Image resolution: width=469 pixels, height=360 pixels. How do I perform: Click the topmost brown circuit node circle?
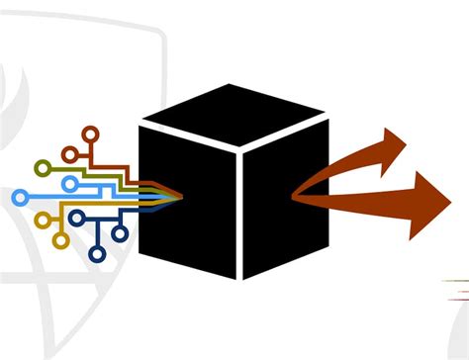pyautogui.click(x=90, y=132)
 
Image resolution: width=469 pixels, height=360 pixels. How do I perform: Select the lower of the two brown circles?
pyautogui.click(x=69, y=154)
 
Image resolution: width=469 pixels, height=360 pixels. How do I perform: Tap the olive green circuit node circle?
pyautogui.click(x=43, y=168)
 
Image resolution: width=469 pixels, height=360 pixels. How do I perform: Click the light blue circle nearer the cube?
pyautogui.click(x=69, y=184)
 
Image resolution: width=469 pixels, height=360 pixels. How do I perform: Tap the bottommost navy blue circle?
pyautogui.click(x=97, y=254)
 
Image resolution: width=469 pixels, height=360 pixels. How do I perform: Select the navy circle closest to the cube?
pyautogui.click(x=120, y=234)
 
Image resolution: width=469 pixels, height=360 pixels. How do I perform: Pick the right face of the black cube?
pyautogui.click(x=285, y=203)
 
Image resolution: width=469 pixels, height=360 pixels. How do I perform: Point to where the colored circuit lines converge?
pyautogui.click(x=178, y=195)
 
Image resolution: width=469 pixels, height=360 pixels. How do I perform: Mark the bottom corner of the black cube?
pyautogui.click(x=240, y=280)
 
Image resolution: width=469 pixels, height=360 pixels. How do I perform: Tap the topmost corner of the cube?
pyautogui.click(x=229, y=86)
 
